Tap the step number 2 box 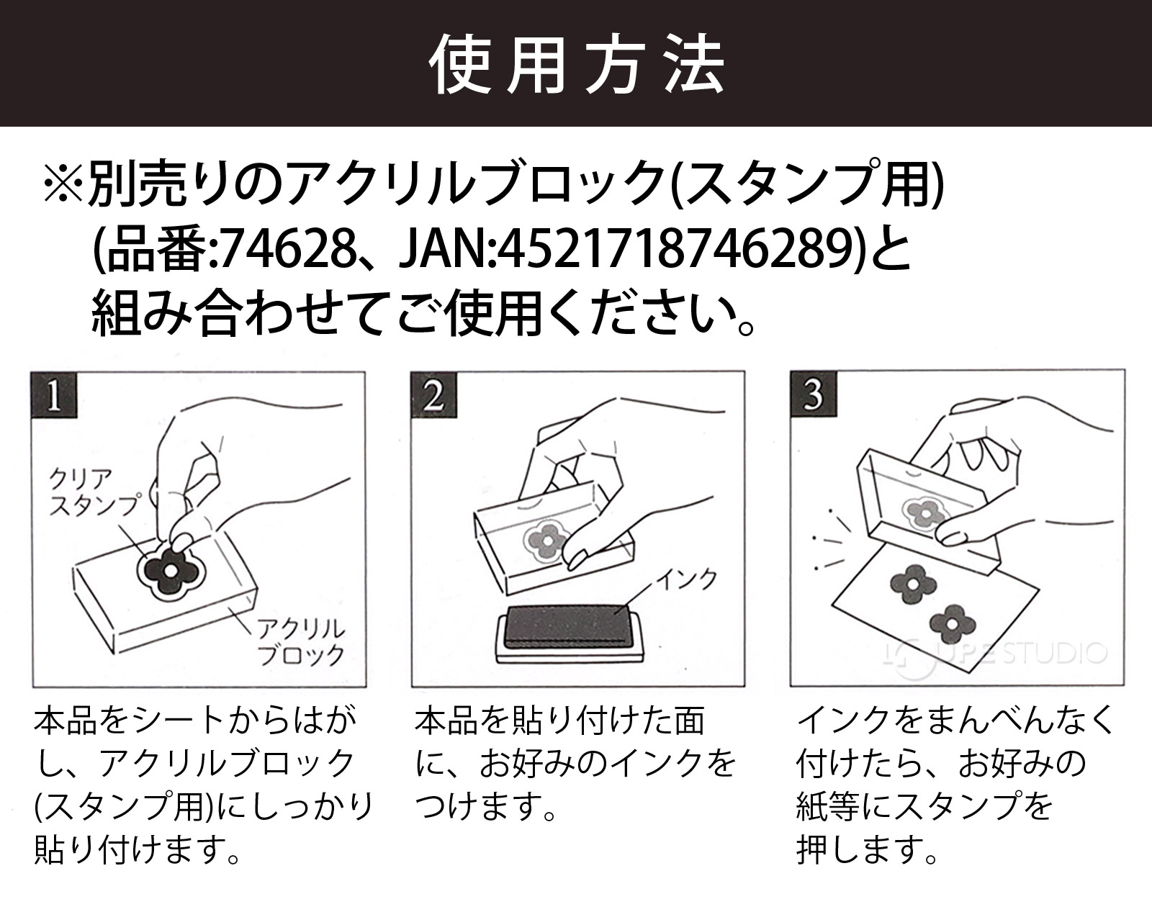(433, 395)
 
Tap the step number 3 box (812, 395)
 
